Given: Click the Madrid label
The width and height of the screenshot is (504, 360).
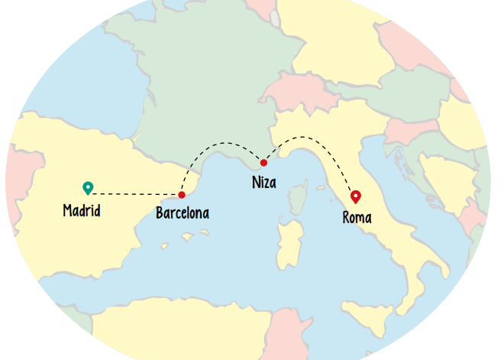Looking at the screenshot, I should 82,210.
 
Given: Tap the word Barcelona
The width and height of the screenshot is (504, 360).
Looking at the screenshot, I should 182,213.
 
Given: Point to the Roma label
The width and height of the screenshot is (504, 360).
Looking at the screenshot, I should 357,218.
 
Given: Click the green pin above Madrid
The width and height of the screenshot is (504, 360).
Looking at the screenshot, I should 88,187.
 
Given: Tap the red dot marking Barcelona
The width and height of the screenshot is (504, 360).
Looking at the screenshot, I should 182,195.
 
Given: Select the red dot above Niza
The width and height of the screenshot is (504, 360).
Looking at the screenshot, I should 263,163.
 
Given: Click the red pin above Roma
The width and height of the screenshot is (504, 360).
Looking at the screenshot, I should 355,196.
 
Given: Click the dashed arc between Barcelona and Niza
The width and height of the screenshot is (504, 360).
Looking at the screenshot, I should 221,143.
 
